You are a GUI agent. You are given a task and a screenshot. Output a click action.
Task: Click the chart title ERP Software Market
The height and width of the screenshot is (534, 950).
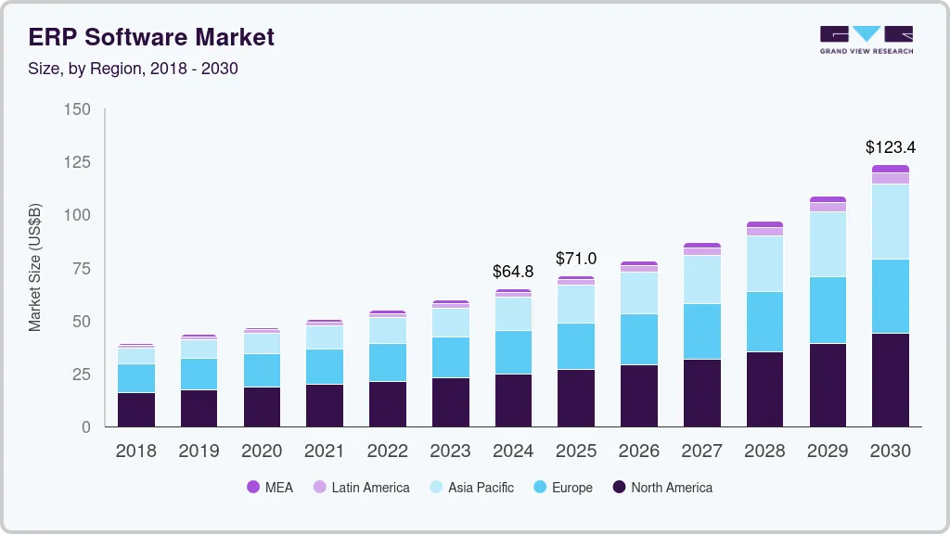(152, 37)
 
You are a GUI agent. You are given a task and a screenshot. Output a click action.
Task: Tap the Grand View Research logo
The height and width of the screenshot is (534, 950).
(866, 39)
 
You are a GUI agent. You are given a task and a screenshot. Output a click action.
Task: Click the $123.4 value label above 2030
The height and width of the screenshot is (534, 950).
(891, 147)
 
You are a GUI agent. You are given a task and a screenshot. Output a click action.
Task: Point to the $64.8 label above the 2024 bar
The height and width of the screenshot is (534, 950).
(513, 272)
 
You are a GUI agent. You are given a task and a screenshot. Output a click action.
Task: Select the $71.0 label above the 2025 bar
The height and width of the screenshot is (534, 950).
(576, 258)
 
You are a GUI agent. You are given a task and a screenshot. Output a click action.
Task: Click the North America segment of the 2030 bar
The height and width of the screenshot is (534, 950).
(891, 380)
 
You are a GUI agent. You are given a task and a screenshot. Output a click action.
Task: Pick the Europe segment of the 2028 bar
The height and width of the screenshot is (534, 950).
(764, 322)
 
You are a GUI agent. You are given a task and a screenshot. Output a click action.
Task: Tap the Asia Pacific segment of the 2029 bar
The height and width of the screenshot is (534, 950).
(828, 245)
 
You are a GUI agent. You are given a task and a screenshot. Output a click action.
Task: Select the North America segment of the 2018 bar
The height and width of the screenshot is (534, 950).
(136, 410)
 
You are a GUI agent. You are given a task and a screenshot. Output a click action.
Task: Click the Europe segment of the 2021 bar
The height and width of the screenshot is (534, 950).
(325, 367)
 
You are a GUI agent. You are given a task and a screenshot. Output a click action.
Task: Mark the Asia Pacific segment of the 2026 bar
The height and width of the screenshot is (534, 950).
(639, 293)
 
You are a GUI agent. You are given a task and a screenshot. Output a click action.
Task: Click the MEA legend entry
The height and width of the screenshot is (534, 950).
(270, 488)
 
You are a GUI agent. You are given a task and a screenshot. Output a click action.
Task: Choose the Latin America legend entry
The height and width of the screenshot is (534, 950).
(361, 488)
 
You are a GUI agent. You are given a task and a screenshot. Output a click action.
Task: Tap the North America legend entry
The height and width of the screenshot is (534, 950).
(662, 488)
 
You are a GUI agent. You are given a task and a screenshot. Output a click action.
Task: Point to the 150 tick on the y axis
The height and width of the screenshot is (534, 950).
(77, 109)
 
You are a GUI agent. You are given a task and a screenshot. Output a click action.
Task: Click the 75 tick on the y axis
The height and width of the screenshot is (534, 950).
(82, 269)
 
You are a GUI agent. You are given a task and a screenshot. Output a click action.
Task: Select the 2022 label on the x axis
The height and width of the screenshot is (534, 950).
(388, 451)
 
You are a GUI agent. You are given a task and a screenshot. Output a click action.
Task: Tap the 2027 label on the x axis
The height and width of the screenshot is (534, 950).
(701, 451)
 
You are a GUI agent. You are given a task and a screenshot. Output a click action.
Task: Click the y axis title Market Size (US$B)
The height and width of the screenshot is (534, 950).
(35, 267)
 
